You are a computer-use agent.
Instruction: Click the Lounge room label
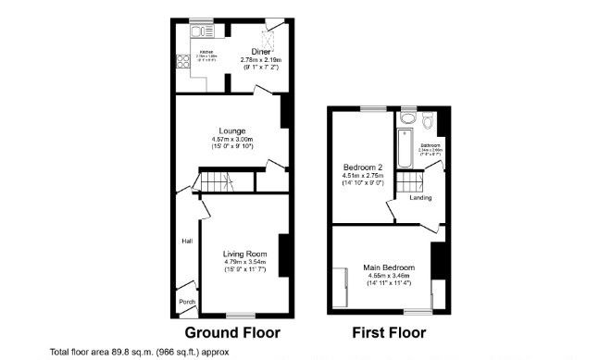coord(231,130)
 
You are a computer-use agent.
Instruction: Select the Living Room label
coord(244,254)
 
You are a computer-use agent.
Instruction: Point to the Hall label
coord(186,242)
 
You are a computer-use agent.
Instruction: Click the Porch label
coord(186,302)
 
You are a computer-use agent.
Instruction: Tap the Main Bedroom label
coord(390,267)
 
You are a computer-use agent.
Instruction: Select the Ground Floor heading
coord(232,331)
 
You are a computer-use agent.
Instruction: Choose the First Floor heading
coord(389,331)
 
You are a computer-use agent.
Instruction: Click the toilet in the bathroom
coord(429,121)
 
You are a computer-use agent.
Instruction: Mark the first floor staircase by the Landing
coord(410,182)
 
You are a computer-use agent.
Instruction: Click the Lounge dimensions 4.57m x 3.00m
coord(231,141)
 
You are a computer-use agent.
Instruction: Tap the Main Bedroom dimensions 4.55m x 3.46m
coord(390,276)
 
